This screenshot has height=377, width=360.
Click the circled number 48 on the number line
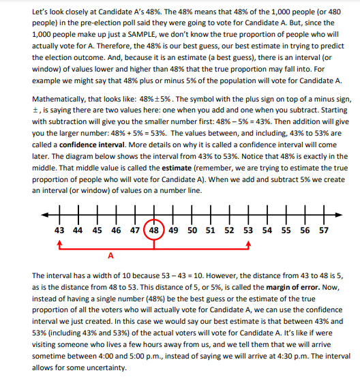coord(155,230)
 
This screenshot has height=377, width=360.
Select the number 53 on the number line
coord(248,230)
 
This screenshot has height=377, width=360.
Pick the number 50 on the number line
coord(192,230)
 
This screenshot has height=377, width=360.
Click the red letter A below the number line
coord(110,256)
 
